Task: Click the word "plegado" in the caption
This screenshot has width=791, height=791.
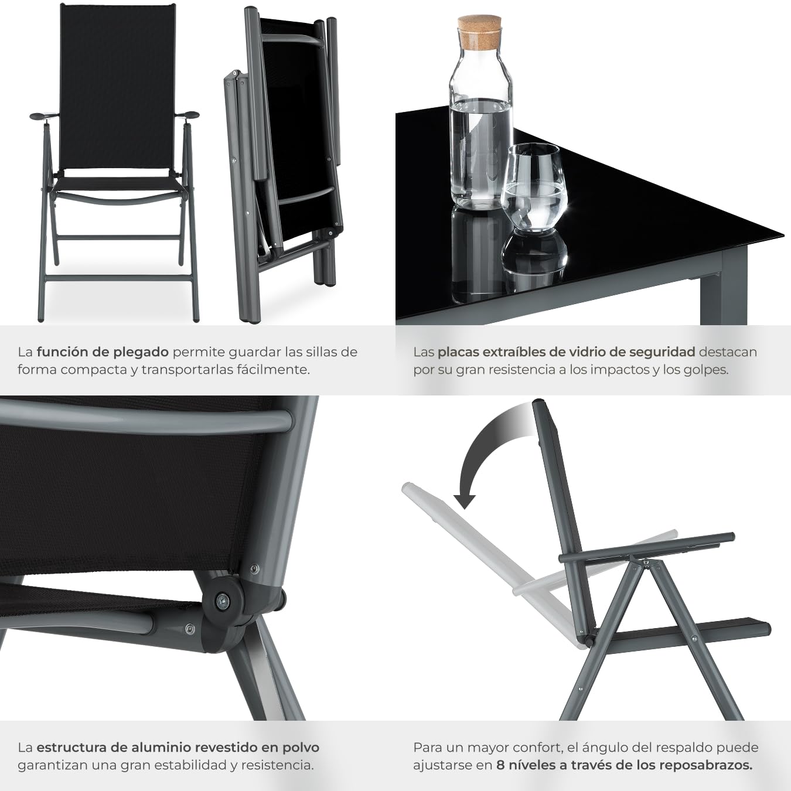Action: point(141,352)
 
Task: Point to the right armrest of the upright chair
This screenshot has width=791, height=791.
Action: point(190,115)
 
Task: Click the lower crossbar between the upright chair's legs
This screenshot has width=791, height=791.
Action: point(120,238)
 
